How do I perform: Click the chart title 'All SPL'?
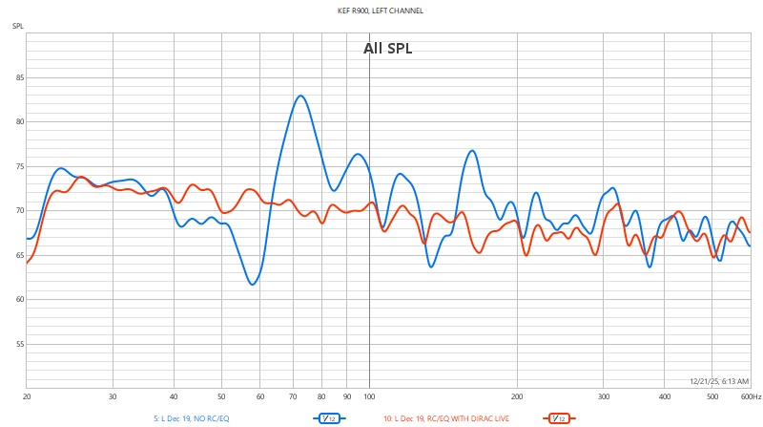[387, 48]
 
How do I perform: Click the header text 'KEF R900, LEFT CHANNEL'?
[381, 11]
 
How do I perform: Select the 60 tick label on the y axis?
[18, 299]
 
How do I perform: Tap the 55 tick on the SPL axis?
[18, 344]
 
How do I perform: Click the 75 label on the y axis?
[18, 166]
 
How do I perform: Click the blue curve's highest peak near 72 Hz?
[300, 96]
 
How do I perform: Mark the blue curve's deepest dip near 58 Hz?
[253, 285]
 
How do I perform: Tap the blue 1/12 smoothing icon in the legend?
[328, 417]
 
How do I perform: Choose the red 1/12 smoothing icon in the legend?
[557, 417]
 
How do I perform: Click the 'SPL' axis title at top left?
[18, 25]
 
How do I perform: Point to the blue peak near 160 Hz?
[472, 150]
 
